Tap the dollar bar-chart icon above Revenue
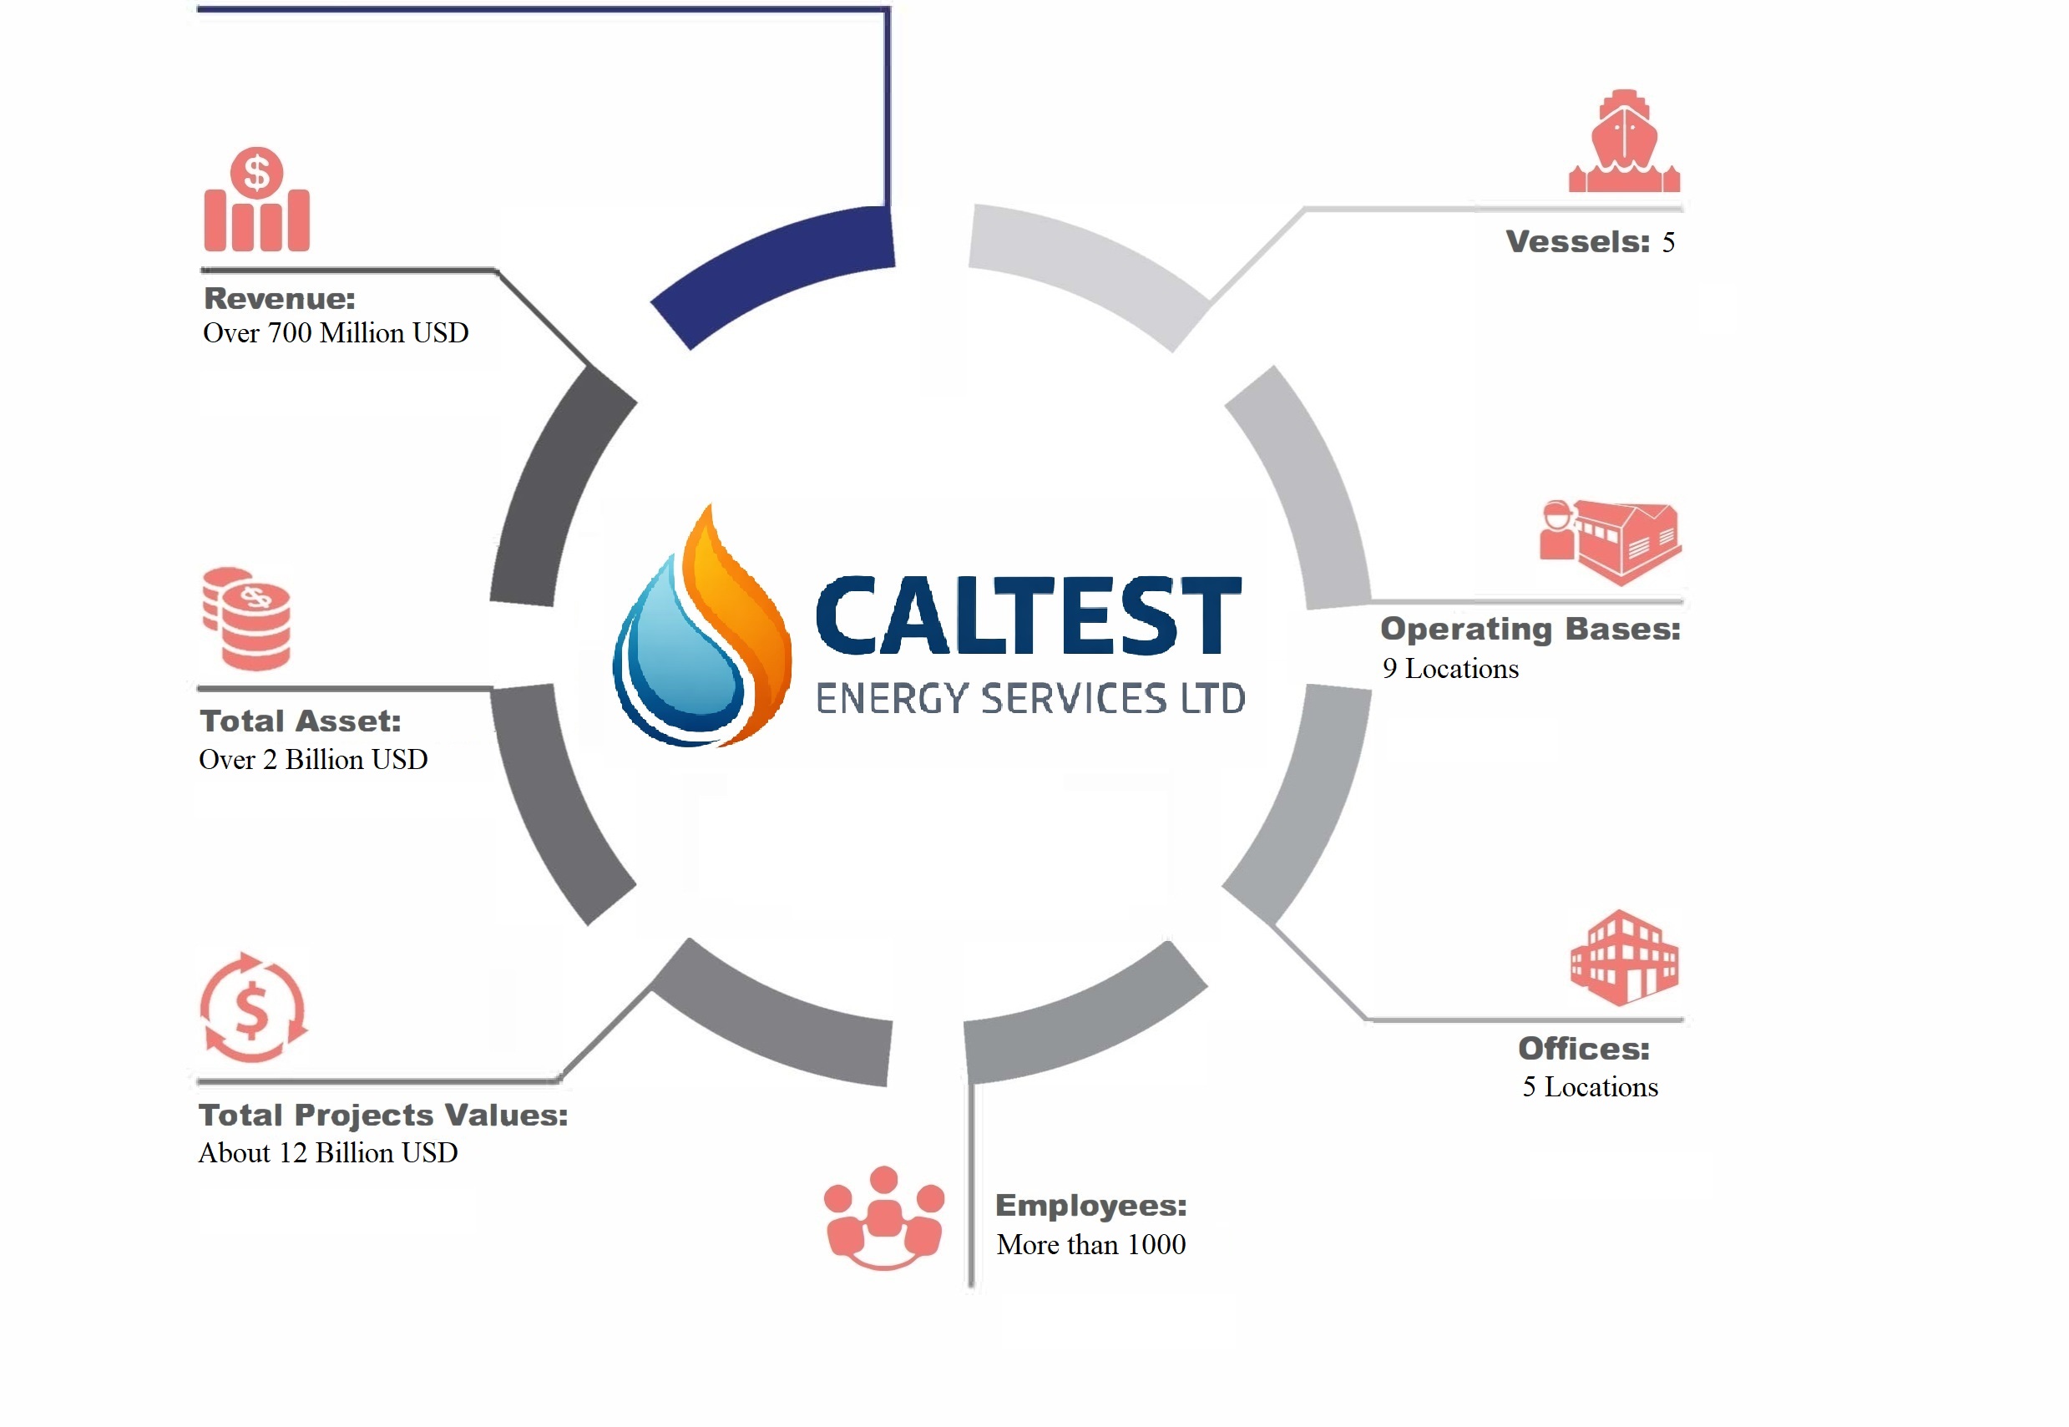click(x=256, y=200)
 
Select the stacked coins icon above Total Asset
click(x=247, y=619)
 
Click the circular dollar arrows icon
click(x=253, y=1008)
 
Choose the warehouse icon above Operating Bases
click(x=1611, y=541)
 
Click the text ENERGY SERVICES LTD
click(x=1030, y=698)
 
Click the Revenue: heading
click(x=279, y=298)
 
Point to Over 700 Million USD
click(x=336, y=332)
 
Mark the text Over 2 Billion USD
click(x=313, y=759)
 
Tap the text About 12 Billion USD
click(x=328, y=1152)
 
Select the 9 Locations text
click(x=1449, y=669)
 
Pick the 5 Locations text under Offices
click(x=1590, y=1087)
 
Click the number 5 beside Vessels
click(x=1667, y=242)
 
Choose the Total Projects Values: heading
click(x=382, y=1115)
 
